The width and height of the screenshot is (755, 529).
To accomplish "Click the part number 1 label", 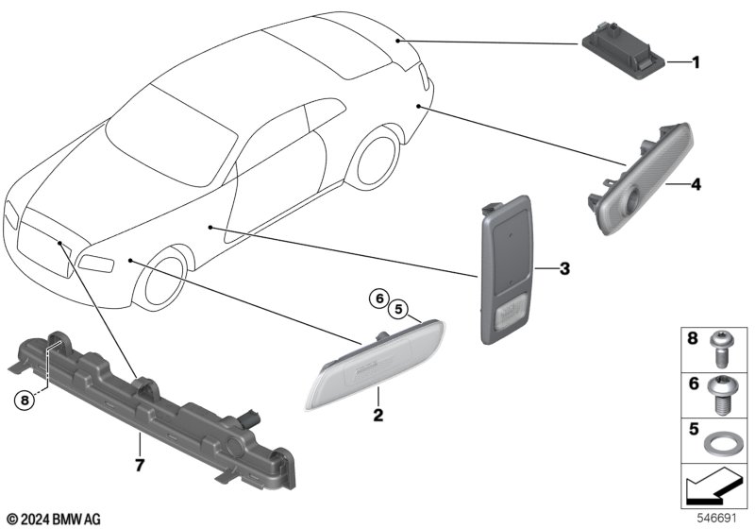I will click(696, 63).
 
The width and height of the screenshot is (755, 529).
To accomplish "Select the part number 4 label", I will click(696, 184).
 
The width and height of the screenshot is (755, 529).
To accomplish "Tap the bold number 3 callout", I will click(564, 269).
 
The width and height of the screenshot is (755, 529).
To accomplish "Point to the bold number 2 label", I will click(377, 415).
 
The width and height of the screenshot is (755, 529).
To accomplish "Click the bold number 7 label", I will click(139, 464).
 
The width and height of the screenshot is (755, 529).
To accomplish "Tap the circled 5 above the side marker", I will click(398, 307).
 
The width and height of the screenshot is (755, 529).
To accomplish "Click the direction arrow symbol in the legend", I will click(713, 489).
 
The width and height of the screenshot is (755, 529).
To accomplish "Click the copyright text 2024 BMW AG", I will click(53, 520).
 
